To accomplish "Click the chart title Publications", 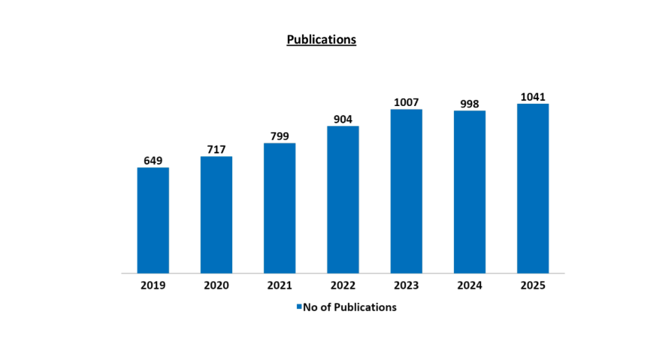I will click(x=321, y=40).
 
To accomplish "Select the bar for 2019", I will click(x=153, y=220).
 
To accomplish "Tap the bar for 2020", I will click(x=216, y=215).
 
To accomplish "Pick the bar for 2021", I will click(x=280, y=208).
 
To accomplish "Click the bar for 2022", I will click(x=343, y=200).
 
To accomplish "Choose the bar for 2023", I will click(x=406, y=192).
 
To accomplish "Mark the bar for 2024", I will click(x=469, y=192).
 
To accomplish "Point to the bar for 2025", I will click(x=533, y=189).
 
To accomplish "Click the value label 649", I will click(x=153, y=160).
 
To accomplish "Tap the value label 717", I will click(x=216, y=149).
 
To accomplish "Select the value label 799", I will click(x=280, y=135).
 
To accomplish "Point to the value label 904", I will click(x=343, y=119).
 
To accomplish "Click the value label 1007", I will click(x=406, y=101).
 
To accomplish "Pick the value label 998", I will click(x=469, y=103).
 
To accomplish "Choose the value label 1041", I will click(x=533, y=96).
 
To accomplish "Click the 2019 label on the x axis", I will click(x=153, y=286).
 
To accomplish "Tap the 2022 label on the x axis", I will click(x=343, y=286).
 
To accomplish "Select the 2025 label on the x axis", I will click(x=533, y=286).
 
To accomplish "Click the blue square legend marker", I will click(x=298, y=307).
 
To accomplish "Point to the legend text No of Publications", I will click(x=349, y=307).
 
